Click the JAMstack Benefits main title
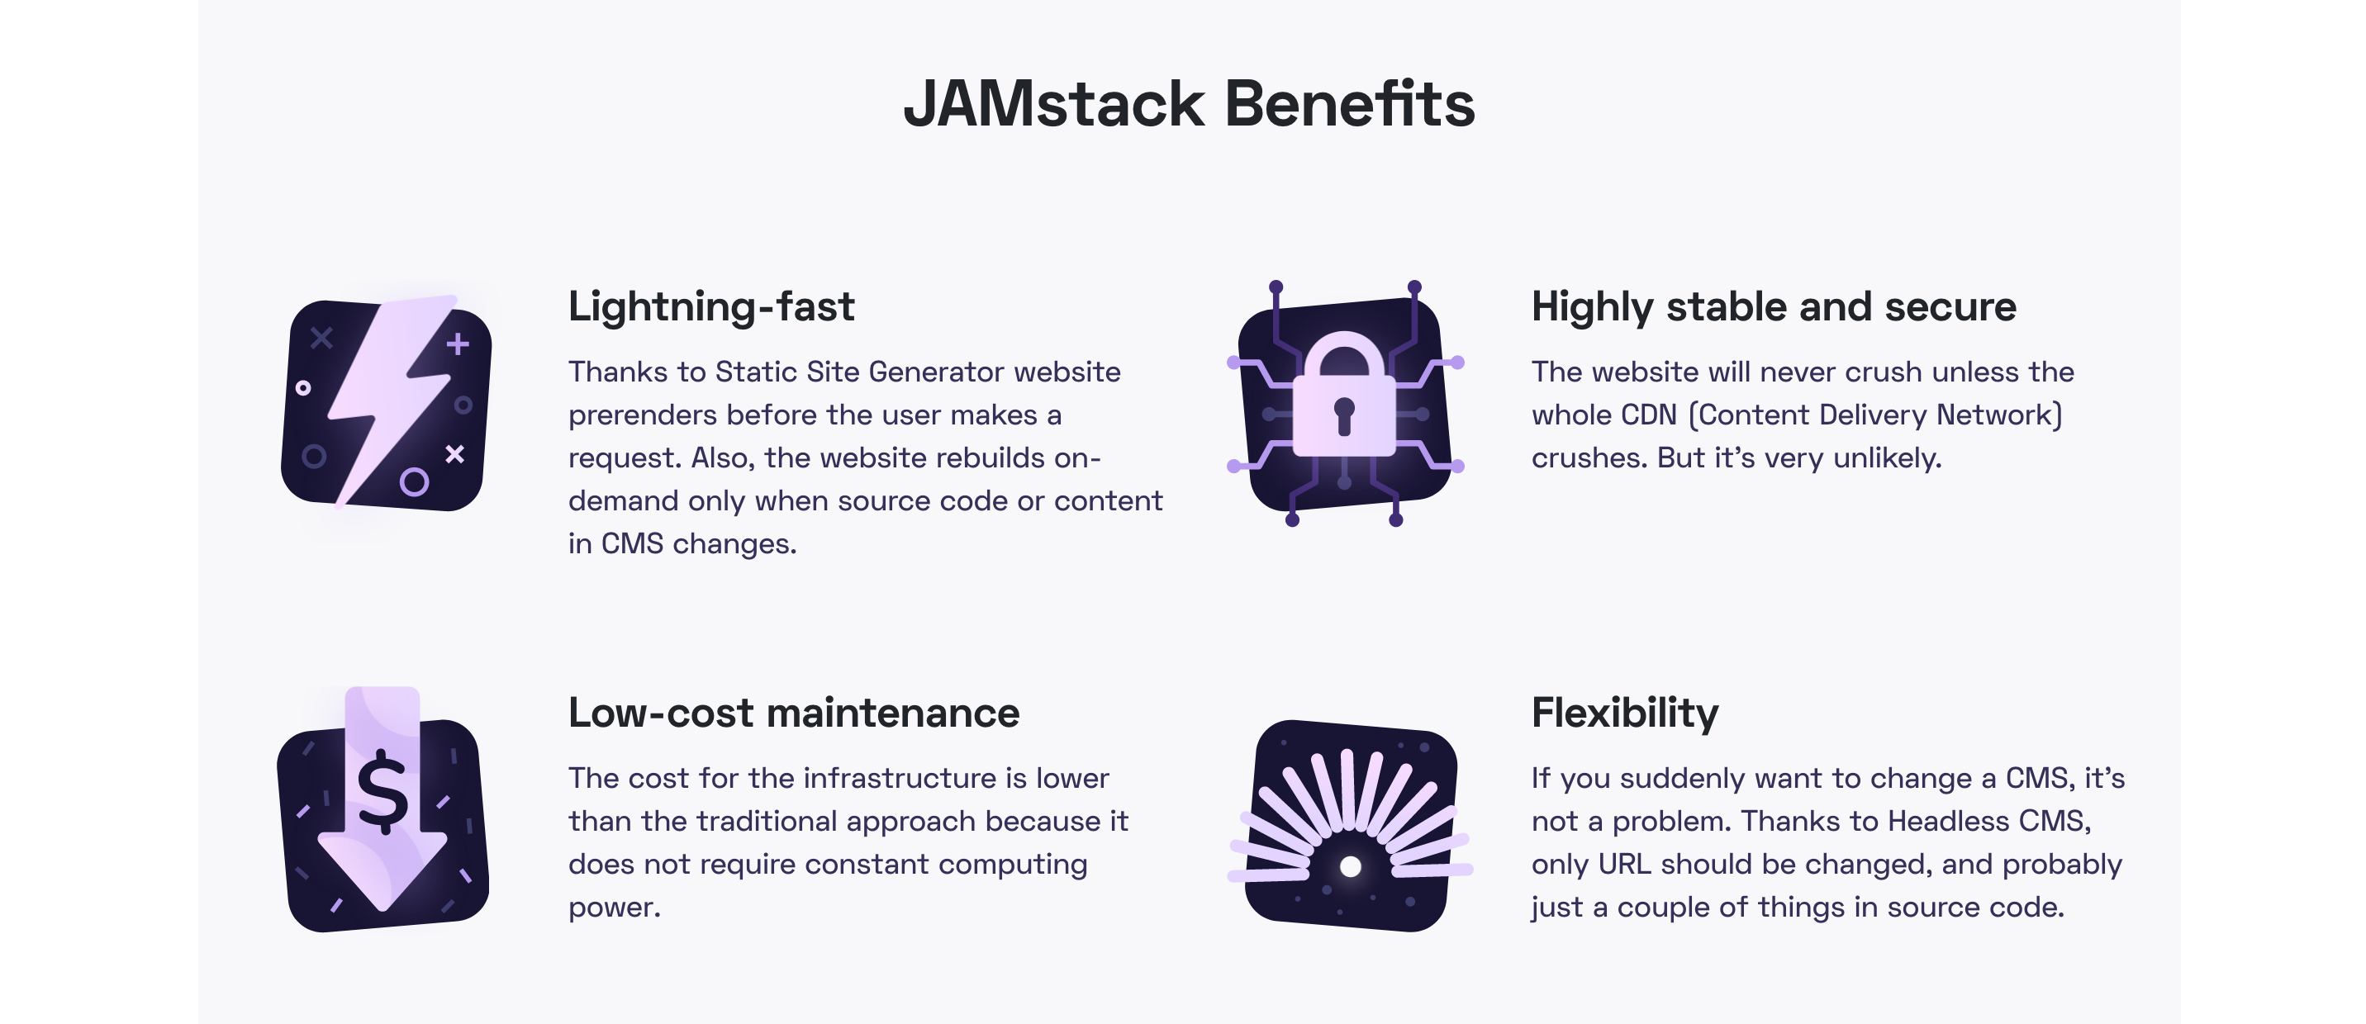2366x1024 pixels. click(x=1190, y=103)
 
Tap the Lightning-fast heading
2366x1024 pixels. click(x=711, y=306)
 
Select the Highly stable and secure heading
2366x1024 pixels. click(x=1774, y=306)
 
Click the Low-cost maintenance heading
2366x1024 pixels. click(x=794, y=713)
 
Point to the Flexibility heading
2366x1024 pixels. click(x=1625, y=713)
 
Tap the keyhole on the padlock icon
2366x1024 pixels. click(x=1344, y=416)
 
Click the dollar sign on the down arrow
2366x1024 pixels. click(x=382, y=792)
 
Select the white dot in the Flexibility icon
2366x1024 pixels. click(x=1350, y=866)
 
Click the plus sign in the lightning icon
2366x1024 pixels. click(x=458, y=344)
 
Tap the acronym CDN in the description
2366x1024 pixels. click(x=1650, y=415)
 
